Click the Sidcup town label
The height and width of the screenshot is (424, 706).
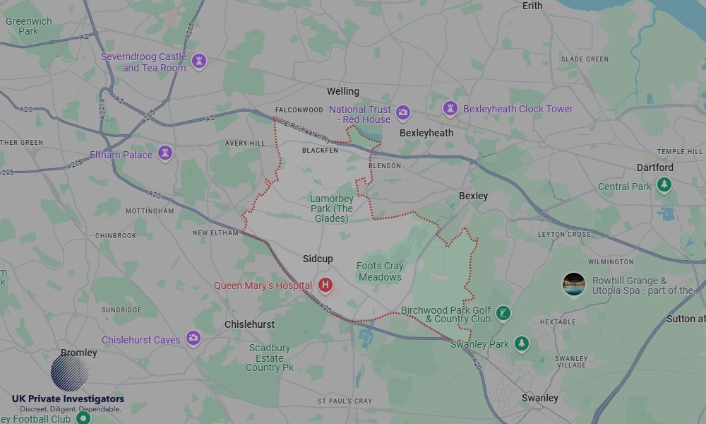pos(318,259)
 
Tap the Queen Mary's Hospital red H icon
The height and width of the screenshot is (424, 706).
pos(325,285)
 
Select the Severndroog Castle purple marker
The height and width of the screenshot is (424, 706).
pos(199,61)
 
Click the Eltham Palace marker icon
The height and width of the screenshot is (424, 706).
pos(165,154)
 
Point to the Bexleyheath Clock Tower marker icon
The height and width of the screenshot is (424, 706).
pos(450,109)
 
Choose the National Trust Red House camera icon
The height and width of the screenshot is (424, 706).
pos(403,112)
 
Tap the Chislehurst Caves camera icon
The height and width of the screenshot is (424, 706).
pos(193,339)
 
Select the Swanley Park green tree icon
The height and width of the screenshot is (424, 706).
pos(522,343)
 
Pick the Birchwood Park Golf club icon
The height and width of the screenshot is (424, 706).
pos(503,313)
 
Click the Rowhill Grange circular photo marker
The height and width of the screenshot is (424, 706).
pos(574,285)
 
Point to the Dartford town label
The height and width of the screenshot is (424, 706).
pos(655,167)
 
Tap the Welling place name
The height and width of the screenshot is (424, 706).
pos(343,91)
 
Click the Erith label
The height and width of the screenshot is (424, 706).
pos(532,6)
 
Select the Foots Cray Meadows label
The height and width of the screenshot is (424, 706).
pos(380,271)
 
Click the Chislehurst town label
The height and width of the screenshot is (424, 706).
pos(249,324)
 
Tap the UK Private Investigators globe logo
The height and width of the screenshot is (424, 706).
pos(70,372)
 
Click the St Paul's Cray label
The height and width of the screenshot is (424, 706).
pos(345,401)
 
